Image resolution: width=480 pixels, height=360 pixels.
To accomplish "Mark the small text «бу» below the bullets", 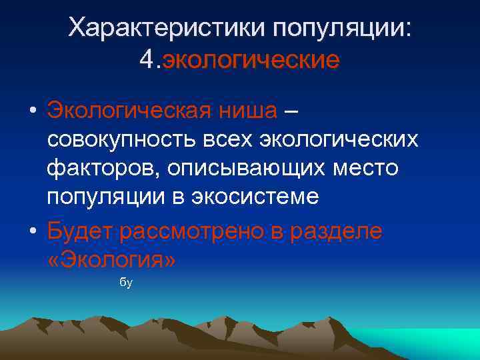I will [126, 283].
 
